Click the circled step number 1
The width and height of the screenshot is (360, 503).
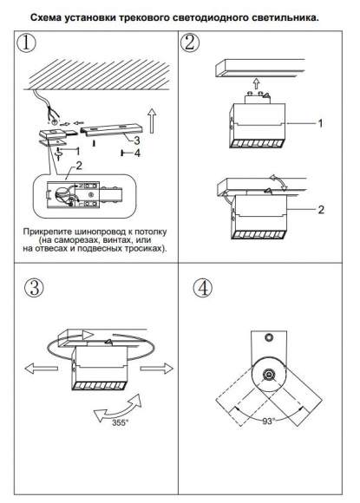[26, 43]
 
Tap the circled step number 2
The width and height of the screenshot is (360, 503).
[190, 43]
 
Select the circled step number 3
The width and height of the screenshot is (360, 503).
[34, 287]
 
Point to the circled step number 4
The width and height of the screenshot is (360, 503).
[203, 288]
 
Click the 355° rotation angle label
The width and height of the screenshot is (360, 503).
[120, 422]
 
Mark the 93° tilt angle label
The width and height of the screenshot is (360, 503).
[268, 421]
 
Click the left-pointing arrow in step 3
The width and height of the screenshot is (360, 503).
[42, 369]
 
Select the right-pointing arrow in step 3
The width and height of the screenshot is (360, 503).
[157, 369]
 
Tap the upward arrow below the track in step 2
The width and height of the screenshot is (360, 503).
[256, 83]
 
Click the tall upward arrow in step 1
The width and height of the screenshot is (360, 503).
[152, 121]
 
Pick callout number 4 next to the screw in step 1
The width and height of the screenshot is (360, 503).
[137, 154]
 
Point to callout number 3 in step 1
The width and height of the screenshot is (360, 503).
[137, 140]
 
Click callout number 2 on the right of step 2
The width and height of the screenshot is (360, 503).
[321, 210]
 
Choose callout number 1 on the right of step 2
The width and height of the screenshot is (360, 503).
[320, 123]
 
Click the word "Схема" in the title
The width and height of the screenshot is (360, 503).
[46, 17]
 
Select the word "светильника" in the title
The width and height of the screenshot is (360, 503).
[285, 17]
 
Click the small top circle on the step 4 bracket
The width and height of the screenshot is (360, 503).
[269, 337]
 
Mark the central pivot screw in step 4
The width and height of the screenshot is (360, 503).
[268, 374]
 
